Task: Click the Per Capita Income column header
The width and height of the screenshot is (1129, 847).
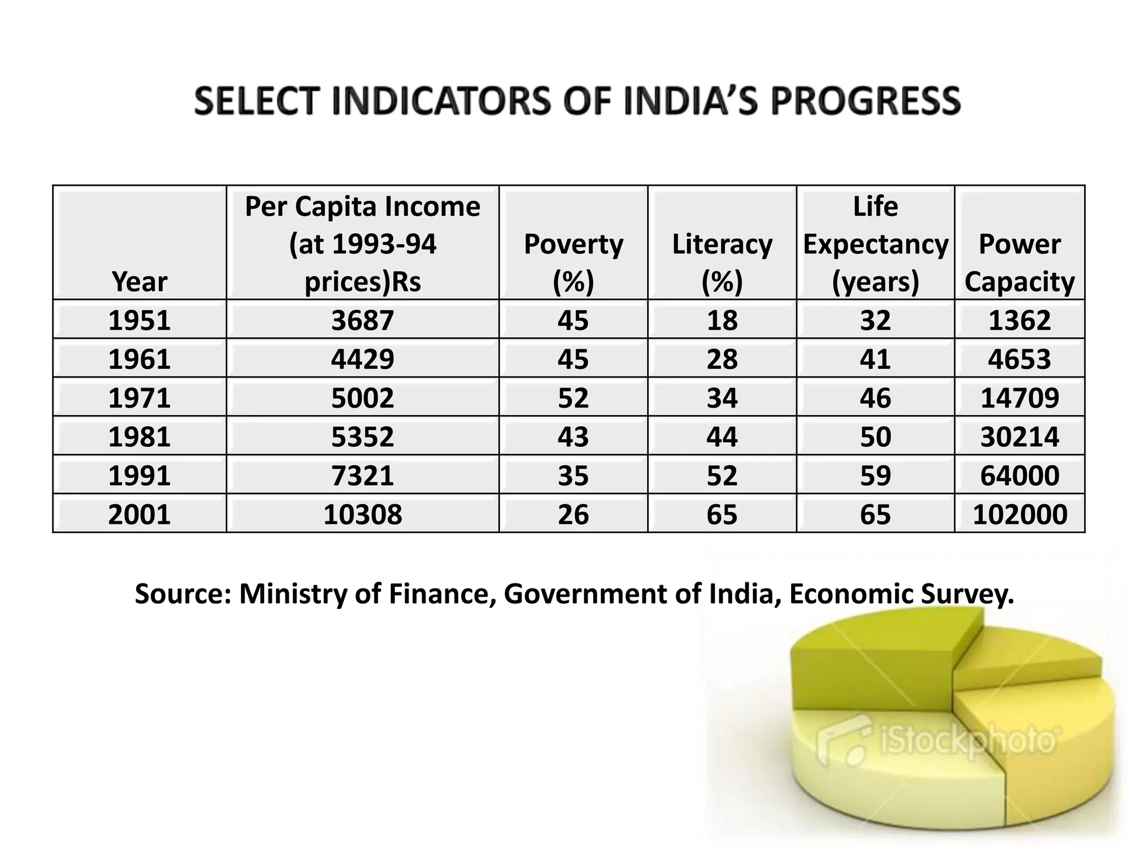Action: pos(363,244)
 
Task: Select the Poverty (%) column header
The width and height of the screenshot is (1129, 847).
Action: pos(573,262)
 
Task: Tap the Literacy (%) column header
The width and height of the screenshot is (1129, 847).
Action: pos(722,262)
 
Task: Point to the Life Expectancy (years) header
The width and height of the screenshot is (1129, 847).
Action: pos(875,244)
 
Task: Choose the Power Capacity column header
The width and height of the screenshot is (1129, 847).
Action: pos(1020,262)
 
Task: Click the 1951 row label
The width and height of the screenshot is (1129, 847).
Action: pos(139,320)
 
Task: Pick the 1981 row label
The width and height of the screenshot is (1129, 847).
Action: pos(139,437)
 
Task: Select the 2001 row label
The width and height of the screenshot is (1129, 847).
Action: pos(139,514)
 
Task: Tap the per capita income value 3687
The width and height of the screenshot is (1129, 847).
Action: pos(363,320)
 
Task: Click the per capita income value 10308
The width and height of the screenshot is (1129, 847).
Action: pos(363,514)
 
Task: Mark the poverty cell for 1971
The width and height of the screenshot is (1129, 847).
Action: pos(573,398)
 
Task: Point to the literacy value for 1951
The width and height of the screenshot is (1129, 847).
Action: pos(722,320)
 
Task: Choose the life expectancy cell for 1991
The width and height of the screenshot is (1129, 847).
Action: pos(875,475)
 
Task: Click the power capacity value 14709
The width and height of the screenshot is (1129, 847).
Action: pos(1020,398)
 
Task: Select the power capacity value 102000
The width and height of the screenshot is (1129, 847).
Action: pos(1020,514)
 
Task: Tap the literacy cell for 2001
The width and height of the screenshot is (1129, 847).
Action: pos(722,514)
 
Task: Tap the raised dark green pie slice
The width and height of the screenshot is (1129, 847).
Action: pos(871,662)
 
